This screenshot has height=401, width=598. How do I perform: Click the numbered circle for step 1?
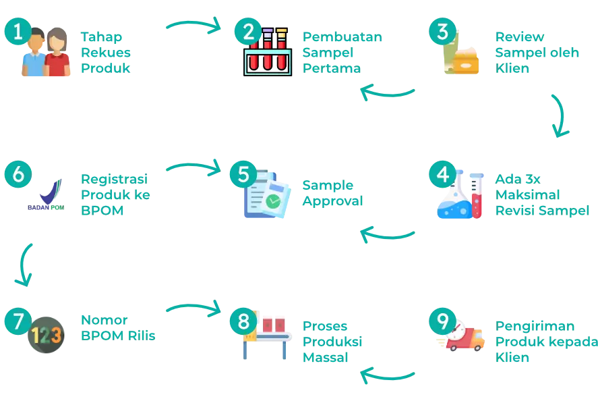18,32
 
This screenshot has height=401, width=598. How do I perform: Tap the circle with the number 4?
442,174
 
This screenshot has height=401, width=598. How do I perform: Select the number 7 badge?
18,321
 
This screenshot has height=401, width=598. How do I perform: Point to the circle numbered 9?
442,322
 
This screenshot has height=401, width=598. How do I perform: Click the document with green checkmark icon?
267,197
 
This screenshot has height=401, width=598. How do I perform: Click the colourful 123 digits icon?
47,336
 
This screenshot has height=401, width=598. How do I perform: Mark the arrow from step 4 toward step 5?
387,234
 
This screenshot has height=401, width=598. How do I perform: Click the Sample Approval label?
332,193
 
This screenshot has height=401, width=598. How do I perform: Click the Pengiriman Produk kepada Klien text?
546,342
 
